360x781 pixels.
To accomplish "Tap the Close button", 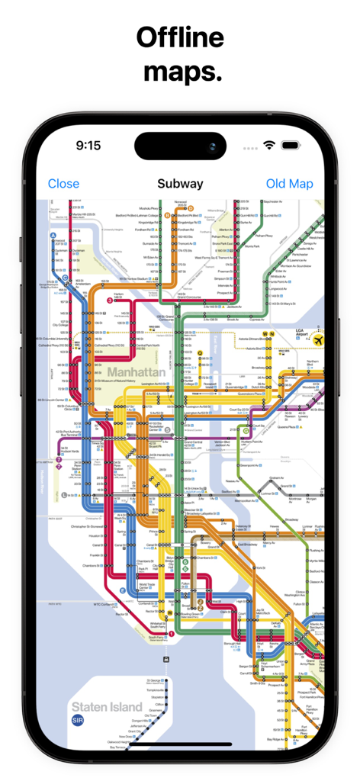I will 63,184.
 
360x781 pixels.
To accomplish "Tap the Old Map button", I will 289,184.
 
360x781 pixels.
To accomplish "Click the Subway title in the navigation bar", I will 180,184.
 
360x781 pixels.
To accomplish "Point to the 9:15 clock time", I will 88,145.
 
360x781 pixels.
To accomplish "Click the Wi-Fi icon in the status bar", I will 269,145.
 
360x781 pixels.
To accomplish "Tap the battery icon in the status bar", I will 291,145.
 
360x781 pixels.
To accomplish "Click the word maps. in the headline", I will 182,72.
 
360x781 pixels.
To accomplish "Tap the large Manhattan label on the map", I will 137,372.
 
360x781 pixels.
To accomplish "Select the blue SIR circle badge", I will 78,720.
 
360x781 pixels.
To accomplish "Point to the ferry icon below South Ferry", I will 166,658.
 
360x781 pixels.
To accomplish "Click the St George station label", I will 153,680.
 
